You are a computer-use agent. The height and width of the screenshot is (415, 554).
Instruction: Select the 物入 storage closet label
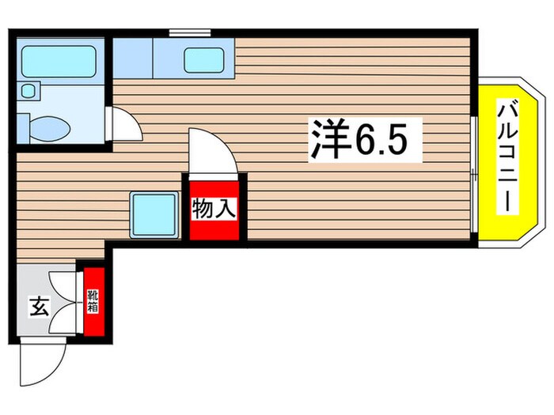212,209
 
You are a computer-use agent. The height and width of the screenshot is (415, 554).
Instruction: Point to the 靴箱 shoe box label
93,300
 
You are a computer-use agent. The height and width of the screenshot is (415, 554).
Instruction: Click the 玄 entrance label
38,305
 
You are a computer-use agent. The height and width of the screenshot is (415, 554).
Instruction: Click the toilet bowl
48,125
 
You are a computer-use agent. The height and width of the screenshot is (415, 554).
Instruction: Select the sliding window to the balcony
473,174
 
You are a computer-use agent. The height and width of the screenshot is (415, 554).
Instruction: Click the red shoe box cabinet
93,301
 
